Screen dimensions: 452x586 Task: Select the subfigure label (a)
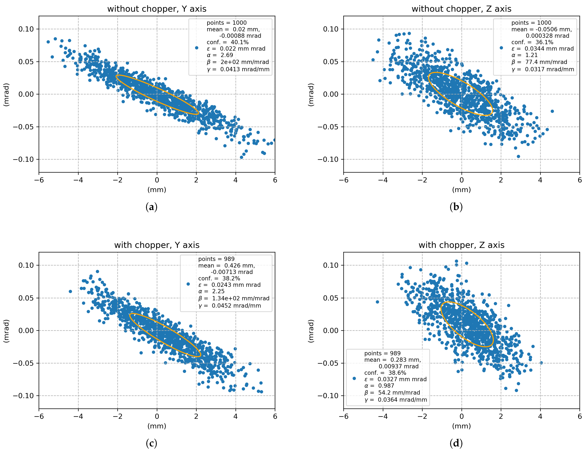[151, 207]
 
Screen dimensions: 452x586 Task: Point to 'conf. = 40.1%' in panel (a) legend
[228, 42]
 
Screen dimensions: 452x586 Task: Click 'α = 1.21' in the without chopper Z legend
[524, 55]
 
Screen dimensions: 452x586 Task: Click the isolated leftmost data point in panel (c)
[70, 291]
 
